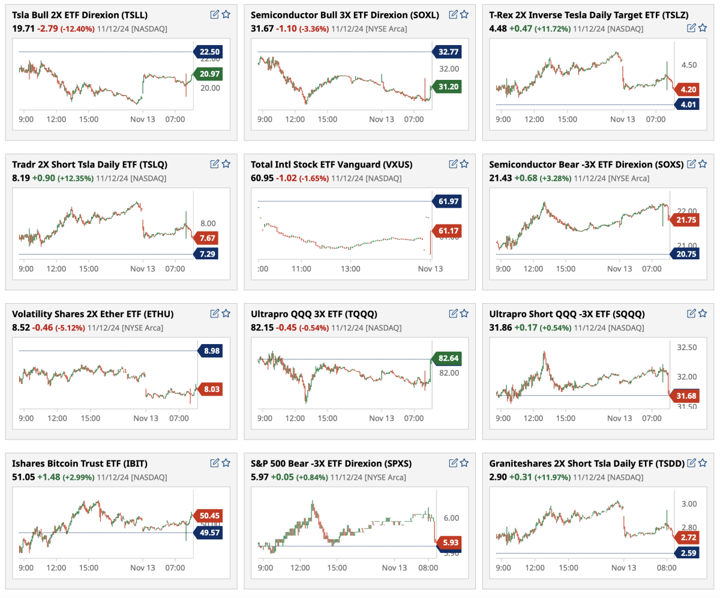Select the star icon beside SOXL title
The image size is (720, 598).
pyautogui.click(x=464, y=14)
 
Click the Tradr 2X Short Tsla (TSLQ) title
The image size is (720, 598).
pyautogui.click(x=89, y=164)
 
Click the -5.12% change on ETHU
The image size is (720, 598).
pyautogui.click(x=71, y=328)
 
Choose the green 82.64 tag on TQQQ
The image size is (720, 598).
pyautogui.click(x=447, y=359)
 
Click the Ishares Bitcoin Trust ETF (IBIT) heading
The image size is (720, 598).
pyautogui.click(x=79, y=464)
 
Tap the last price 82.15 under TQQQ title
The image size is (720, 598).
pyautogui.click(x=261, y=328)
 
